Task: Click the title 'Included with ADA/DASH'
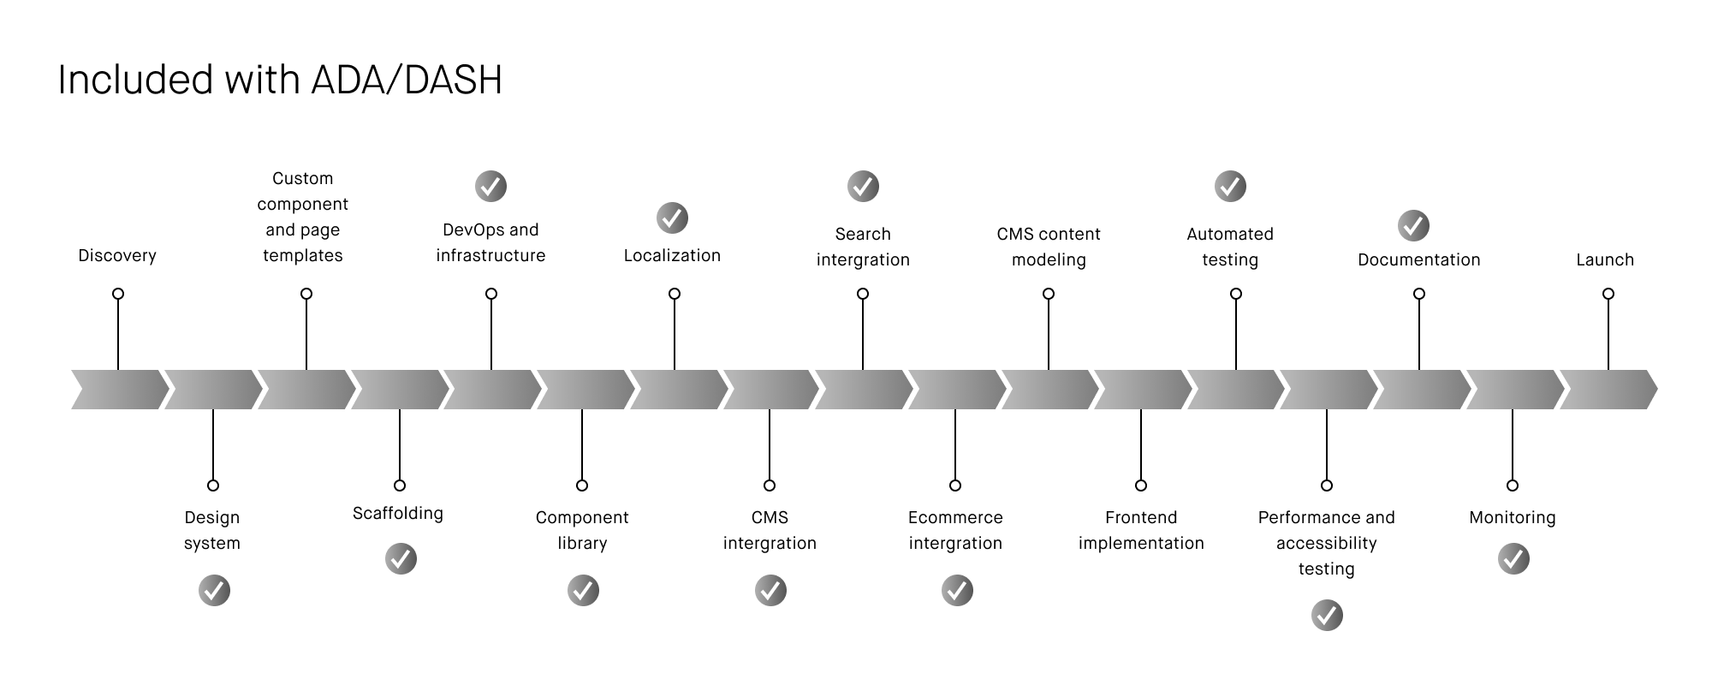[280, 80]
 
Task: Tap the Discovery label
[117, 255]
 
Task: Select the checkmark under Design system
[214, 591]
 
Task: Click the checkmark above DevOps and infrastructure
[490, 186]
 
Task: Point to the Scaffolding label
[398, 513]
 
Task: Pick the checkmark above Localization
[672, 217]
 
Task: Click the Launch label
[1605, 259]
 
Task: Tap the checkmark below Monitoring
[1513, 559]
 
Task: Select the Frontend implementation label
[1141, 530]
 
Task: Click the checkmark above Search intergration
[863, 186]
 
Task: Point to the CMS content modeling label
[1049, 247]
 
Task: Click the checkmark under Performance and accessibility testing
[1327, 615]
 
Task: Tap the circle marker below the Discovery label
[118, 294]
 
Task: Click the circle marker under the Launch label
[1608, 294]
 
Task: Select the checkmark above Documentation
[1413, 225]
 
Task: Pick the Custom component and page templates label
[303, 217]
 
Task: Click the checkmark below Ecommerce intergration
[957, 591]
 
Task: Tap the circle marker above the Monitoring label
[1513, 485]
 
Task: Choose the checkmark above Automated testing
[1230, 186]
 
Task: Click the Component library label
[582, 530]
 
